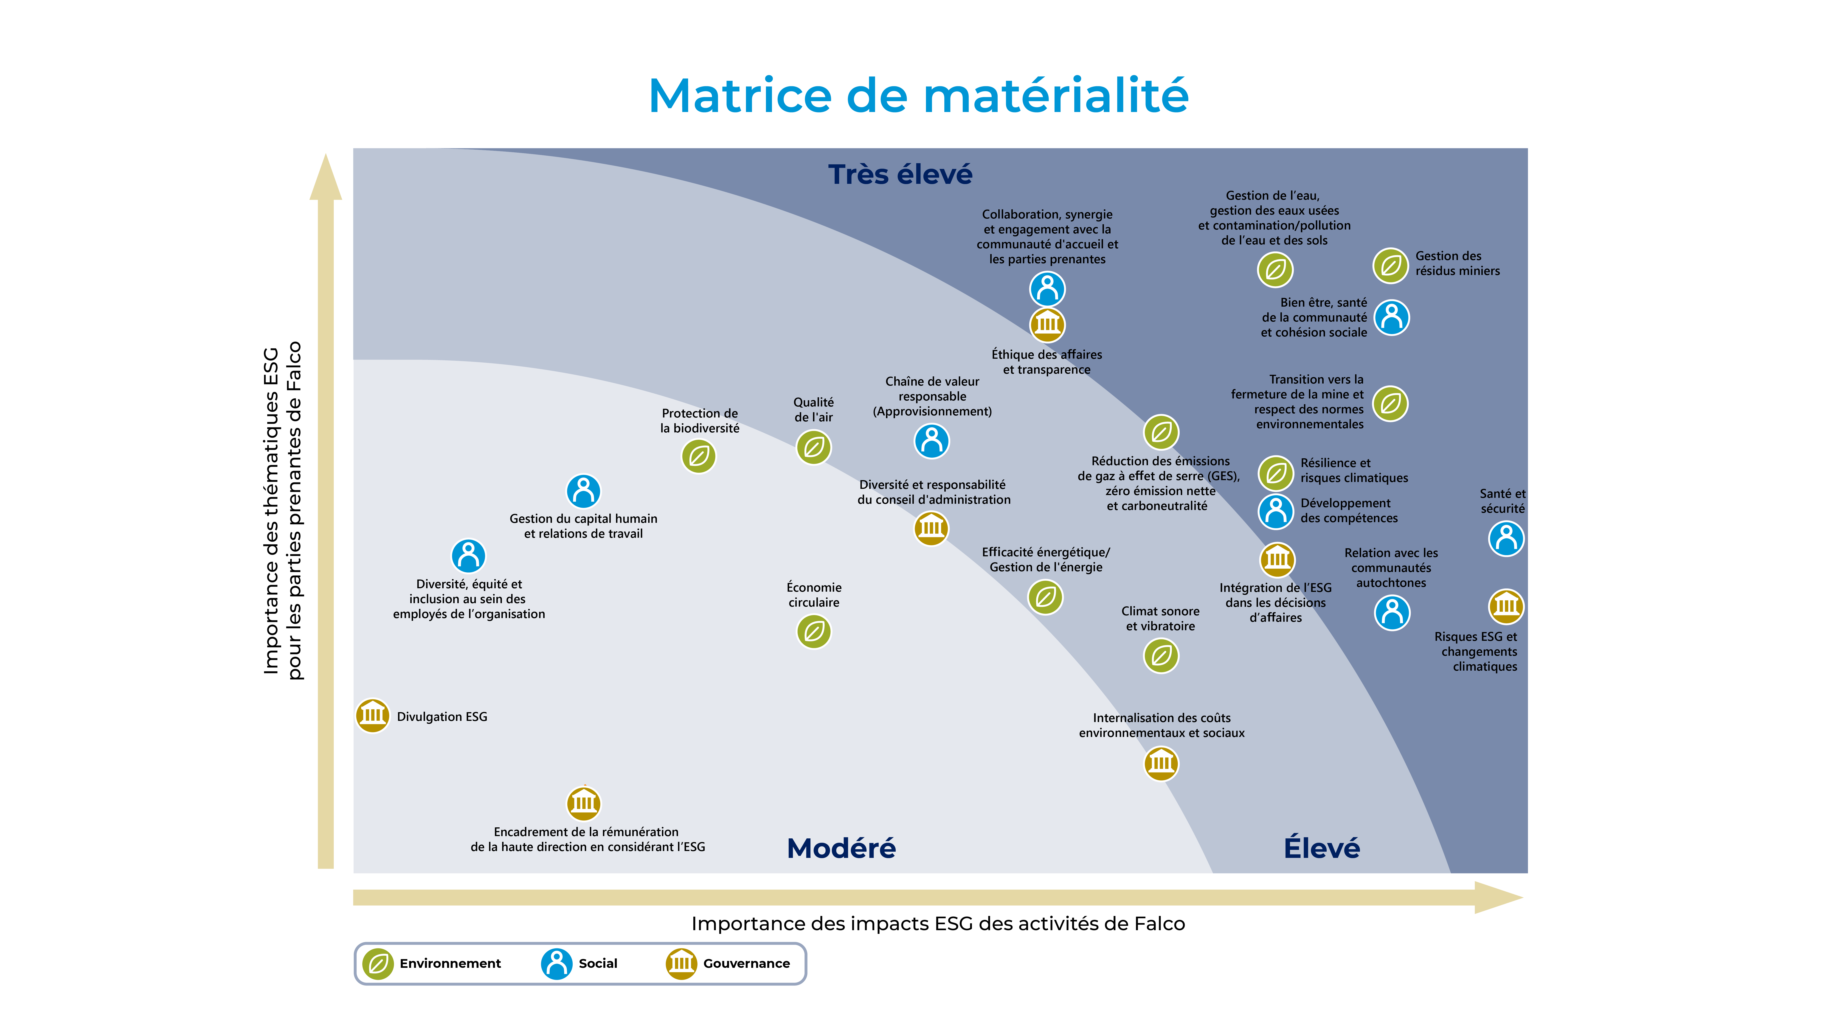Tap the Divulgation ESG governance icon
pyautogui.click(x=372, y=716)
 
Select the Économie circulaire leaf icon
pyautogui.click(x=814, y=632)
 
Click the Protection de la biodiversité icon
pyautogui.click(x=699, y=456)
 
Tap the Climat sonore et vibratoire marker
pyautogui.click(x=1161, y=656)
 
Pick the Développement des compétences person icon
pyautogui.click(x=1276, y=511)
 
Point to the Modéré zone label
pyautogui.click(x=841, y=848)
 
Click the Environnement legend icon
pyautogui.click(x=378, y=964)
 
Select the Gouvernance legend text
pyautogui.click(x=747, y=964)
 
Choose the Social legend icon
pyautogui.click(x=556, y=964)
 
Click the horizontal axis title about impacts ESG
pyautogui.click(x=938, y=924)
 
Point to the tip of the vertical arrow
pyautogui.click(x=326, y=154)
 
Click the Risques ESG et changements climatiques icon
pyautogui.click(x=1506, y=607)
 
